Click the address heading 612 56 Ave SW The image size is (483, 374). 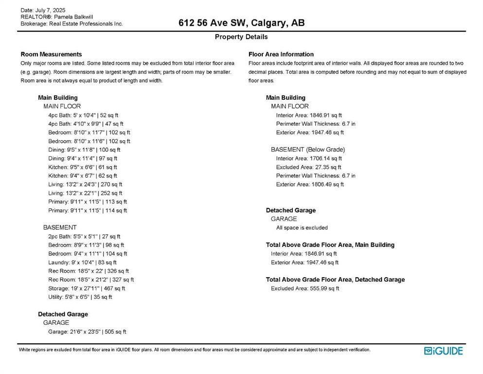[241, 23]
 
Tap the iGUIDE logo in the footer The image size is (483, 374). [443, 351]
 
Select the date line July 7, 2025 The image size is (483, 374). [43, 10]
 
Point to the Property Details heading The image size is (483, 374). [241, 37]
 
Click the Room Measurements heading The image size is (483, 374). [51, 54]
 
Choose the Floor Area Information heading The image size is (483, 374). [281, 54]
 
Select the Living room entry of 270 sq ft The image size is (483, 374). [85, 185]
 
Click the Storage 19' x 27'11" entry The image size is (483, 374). [87, 288]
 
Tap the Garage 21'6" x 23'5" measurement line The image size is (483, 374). [87, 332]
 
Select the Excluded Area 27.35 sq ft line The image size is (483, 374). [308, 167]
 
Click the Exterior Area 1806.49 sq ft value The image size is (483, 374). [310, 185]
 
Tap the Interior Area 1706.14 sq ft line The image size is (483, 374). [309, 158]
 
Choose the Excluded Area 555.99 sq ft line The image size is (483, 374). [304, 288]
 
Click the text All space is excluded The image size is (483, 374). [302, 227]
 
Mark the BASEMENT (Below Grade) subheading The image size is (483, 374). [307, 150]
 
